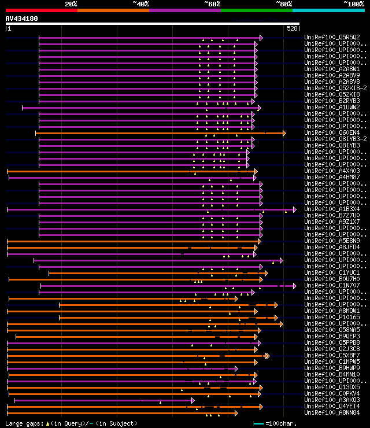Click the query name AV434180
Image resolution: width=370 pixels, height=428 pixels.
[x=21, y=19]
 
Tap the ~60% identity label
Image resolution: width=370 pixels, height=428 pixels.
[x=212, y=3]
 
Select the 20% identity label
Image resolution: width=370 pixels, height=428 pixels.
[x=71, y=3]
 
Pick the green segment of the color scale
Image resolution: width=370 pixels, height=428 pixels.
[x=256, y=10]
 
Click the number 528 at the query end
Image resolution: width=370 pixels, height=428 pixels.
[x=292, y=28]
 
